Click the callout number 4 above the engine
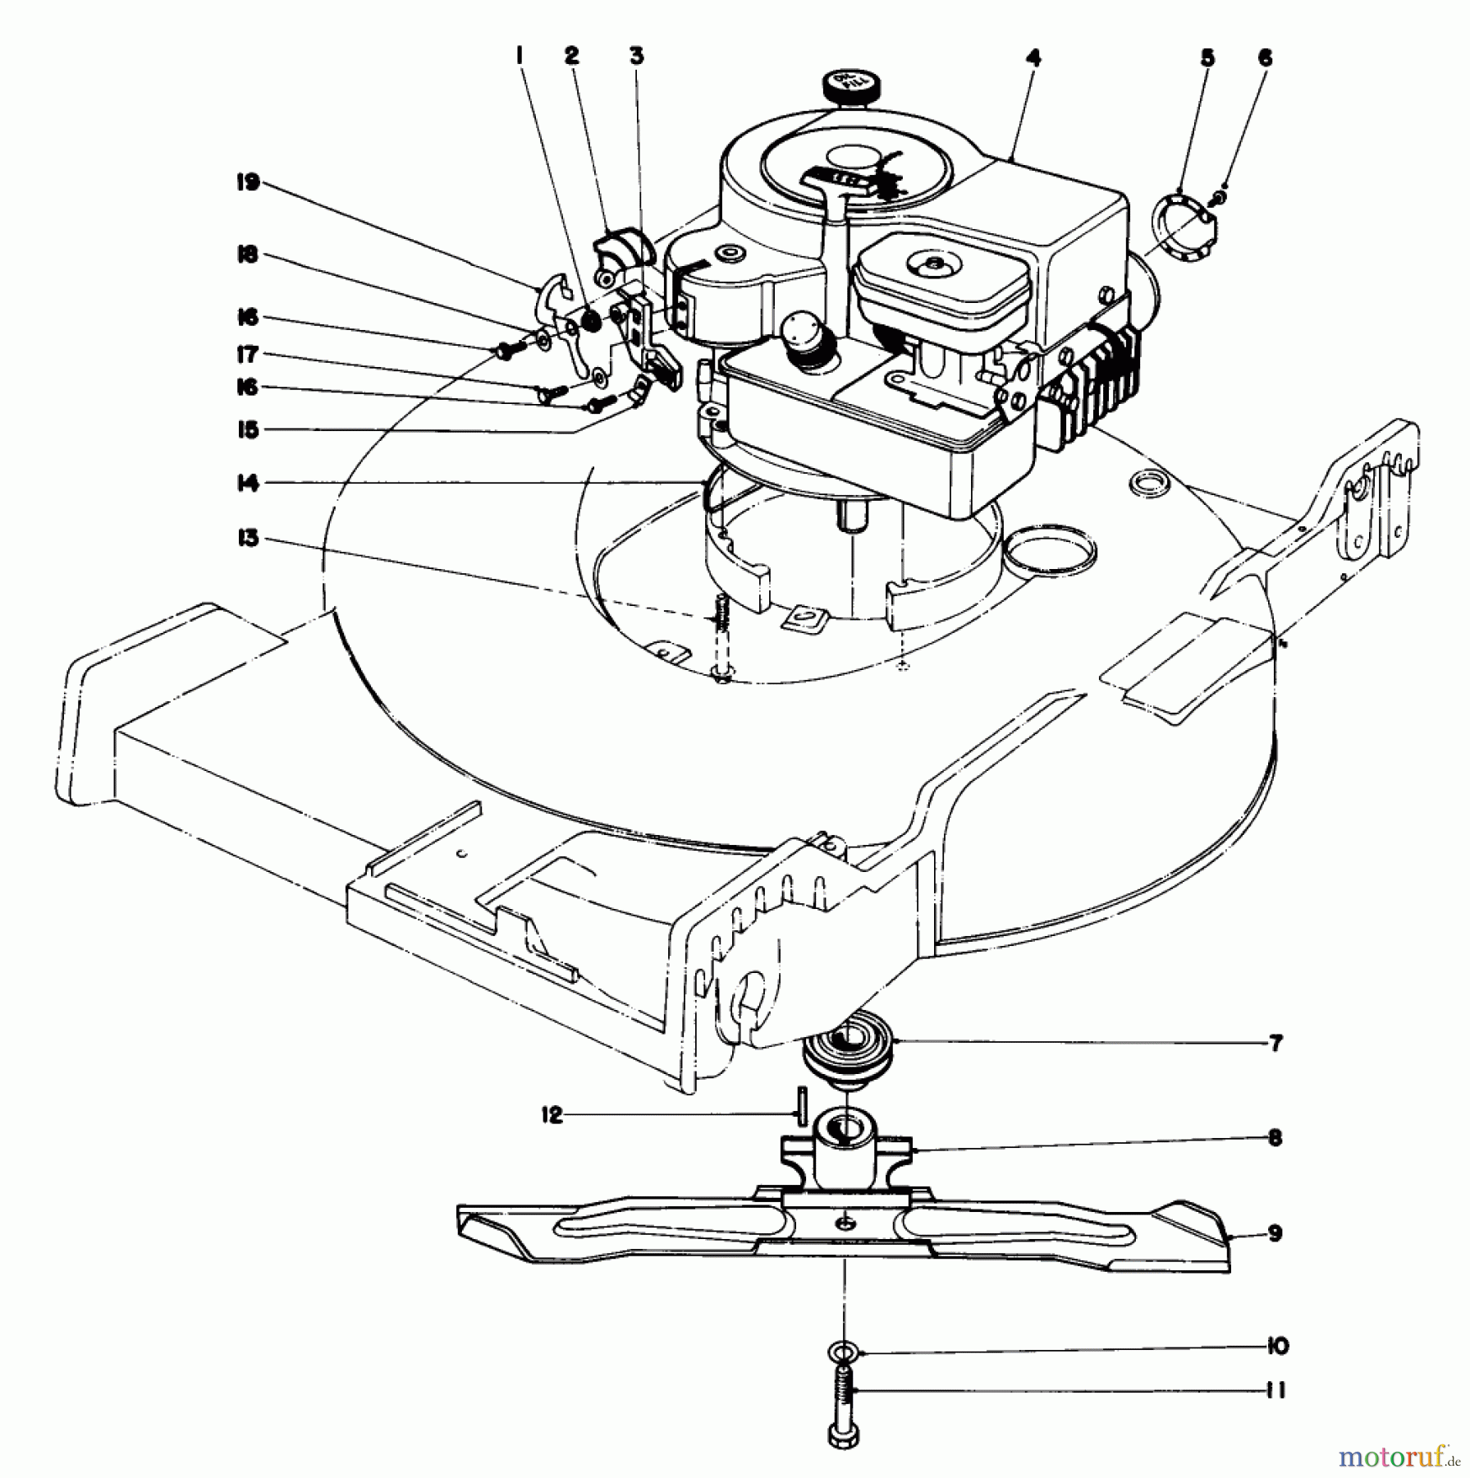point(1033,57)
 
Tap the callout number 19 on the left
point(248,182)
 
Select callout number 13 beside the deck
point(248,539)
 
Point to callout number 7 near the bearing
point(1275,1044)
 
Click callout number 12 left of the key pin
point(553,1115)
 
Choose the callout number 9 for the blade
point(1275,1233)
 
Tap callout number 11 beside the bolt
point(1275,1390)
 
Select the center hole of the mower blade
point(845,1247)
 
